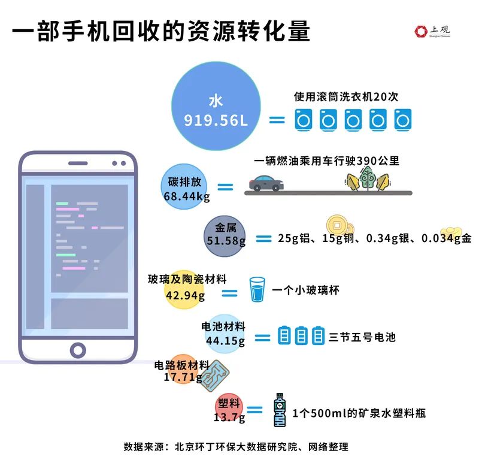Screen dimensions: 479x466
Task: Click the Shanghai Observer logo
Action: pos(432,31)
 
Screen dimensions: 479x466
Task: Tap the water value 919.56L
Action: pos(216,120)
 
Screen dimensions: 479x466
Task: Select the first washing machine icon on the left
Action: pos(304,120)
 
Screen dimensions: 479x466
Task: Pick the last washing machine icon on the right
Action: pos(402,120)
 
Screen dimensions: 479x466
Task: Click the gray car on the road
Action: pos(266,183)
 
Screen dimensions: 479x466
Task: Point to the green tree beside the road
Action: pos(368,178)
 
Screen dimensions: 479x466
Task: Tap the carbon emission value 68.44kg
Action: pos(187,196)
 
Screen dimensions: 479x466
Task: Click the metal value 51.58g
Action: pos(226,241)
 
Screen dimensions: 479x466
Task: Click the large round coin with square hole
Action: pos(337,226)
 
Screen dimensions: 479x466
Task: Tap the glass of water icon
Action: pos(257,289)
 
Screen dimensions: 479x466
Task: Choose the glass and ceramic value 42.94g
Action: pos(186,295)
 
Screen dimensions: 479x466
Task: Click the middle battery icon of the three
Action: pos(301,335)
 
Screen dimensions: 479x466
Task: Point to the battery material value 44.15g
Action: pos(226,341)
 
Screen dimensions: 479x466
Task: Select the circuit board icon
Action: pos(215,376)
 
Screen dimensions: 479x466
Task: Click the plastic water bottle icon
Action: pos(280,410)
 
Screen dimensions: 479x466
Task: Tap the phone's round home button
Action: pos(78,350)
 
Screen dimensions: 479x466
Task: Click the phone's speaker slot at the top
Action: pos(78,164)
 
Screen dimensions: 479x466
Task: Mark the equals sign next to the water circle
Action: pos(277,120)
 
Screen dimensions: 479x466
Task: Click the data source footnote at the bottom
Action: pos(236,447)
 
